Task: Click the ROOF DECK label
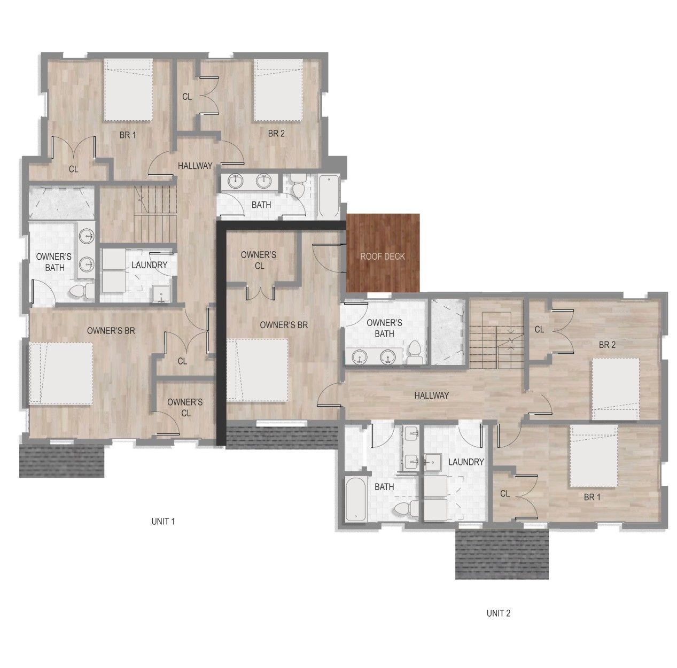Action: [383, 257]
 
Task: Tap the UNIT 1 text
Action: [163, 522]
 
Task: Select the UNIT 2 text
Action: [498, 613]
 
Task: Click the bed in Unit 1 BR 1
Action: [128, 90]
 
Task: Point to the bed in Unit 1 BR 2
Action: [278, 90]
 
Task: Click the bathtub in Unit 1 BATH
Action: [329, 196]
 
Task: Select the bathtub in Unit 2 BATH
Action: [356, 499]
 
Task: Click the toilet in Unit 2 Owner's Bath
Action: [415, 353]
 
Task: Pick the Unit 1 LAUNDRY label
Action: [149, 265]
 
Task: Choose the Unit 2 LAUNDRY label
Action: [466, 462]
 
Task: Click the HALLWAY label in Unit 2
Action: [431, 395]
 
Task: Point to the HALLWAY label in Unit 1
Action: [195, 166]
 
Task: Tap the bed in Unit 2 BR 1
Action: [594, 456]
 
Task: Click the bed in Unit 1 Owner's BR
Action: [61, 373]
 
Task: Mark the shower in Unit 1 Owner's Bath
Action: [61, 204]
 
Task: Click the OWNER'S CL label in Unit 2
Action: [259, 260]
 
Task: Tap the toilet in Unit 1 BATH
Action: [298, 186]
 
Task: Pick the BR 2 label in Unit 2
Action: [607, 345]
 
